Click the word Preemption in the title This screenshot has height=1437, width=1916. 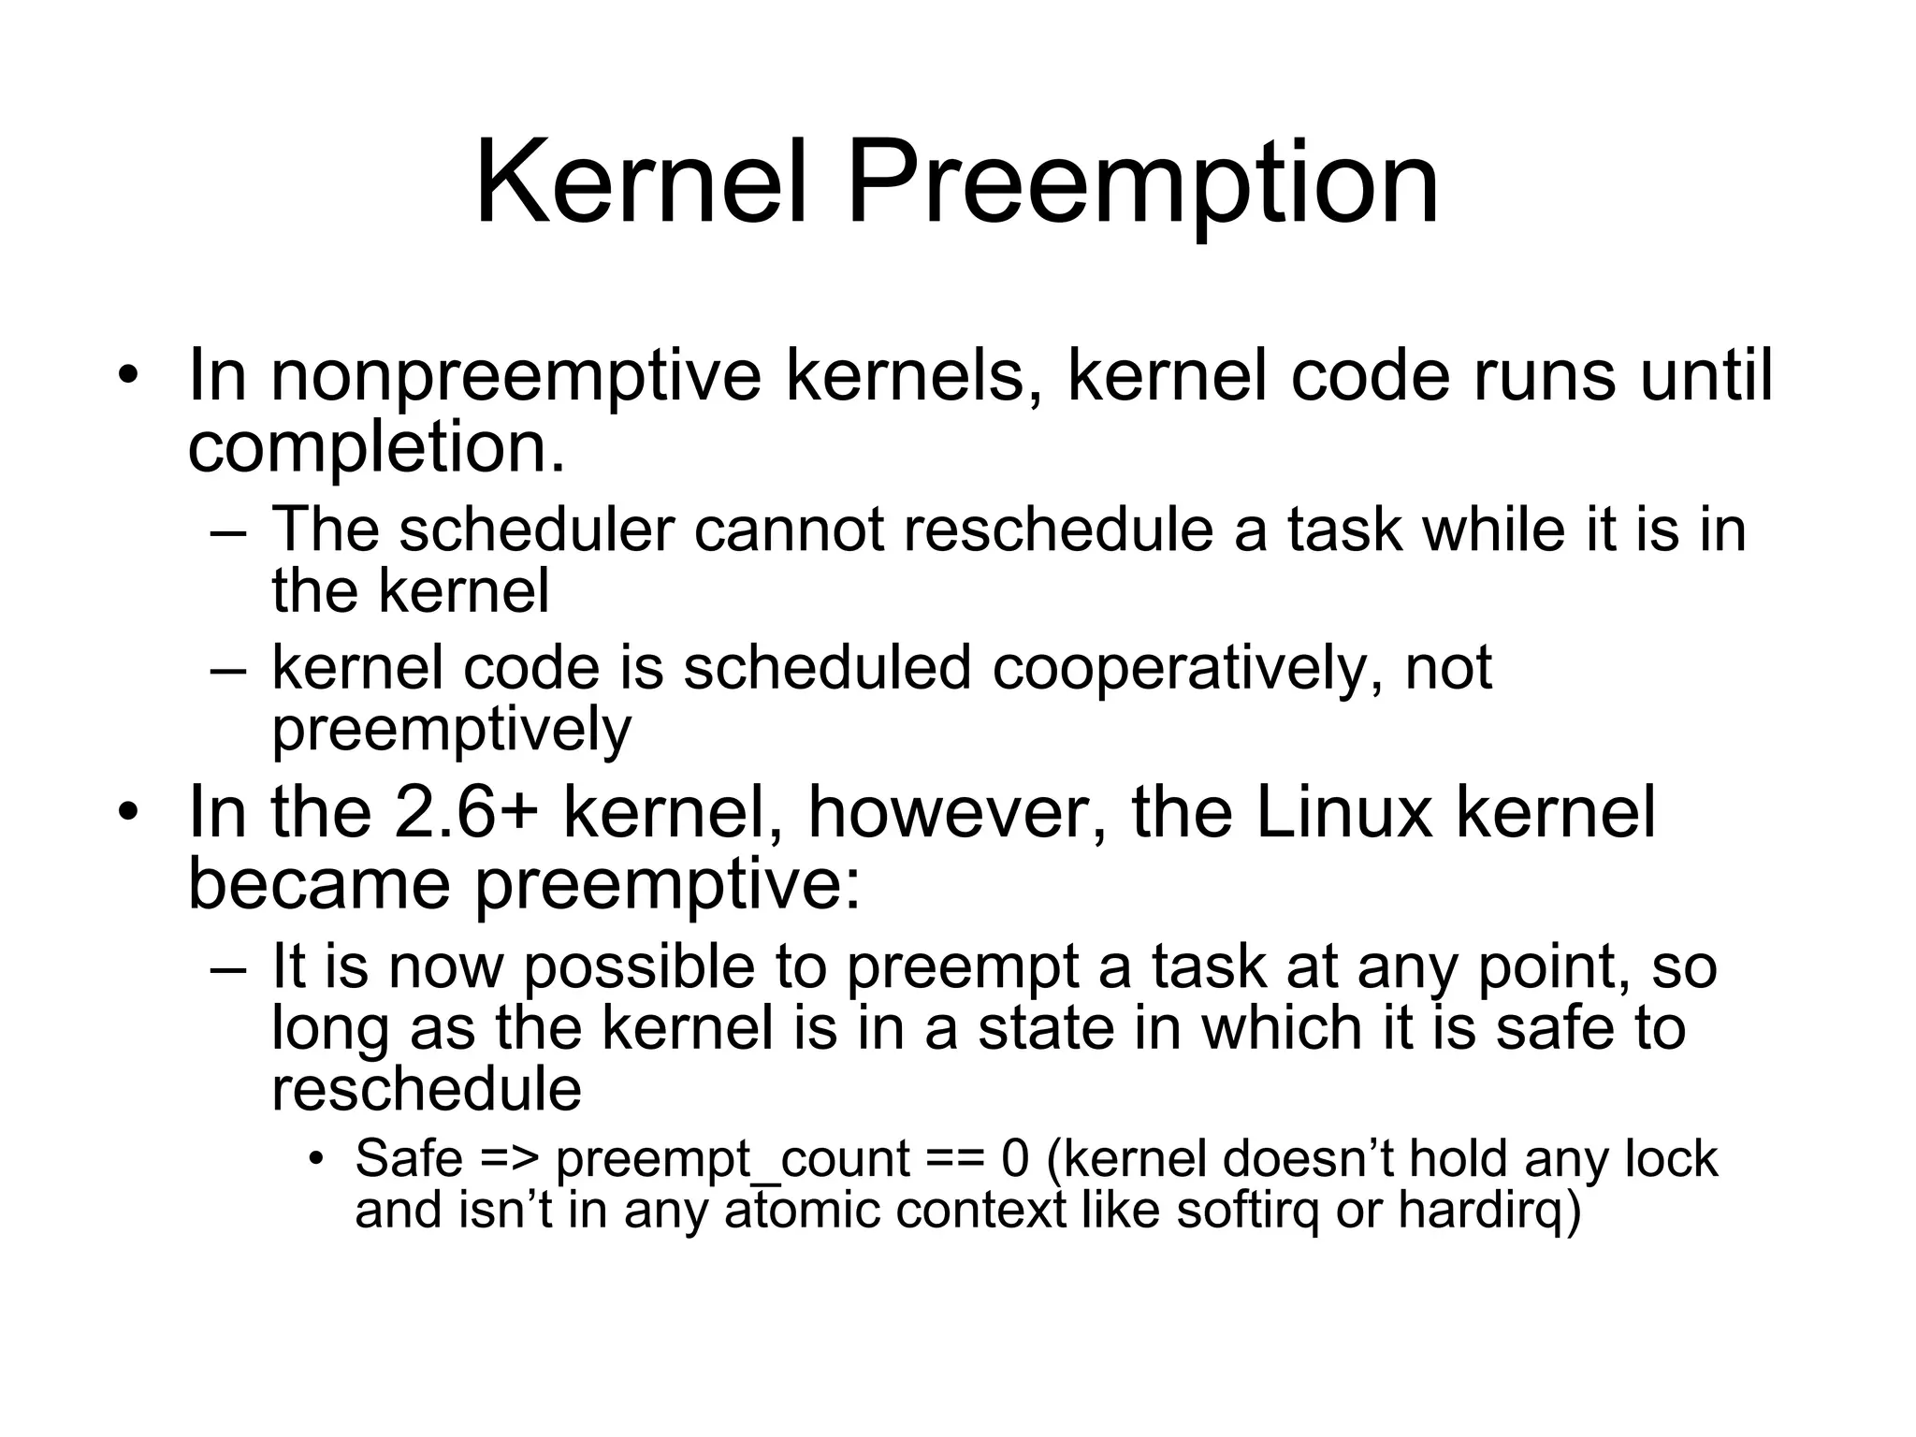(x=1142, y=182)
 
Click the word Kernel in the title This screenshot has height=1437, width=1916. (x=641, y=182)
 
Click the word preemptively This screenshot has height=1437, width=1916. (x=451, y=729)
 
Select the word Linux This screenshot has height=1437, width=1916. (x=1343, y=812)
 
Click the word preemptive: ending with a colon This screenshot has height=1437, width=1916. (x=667, y=884)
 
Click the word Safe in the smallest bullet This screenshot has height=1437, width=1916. (x=409, y=1158)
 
